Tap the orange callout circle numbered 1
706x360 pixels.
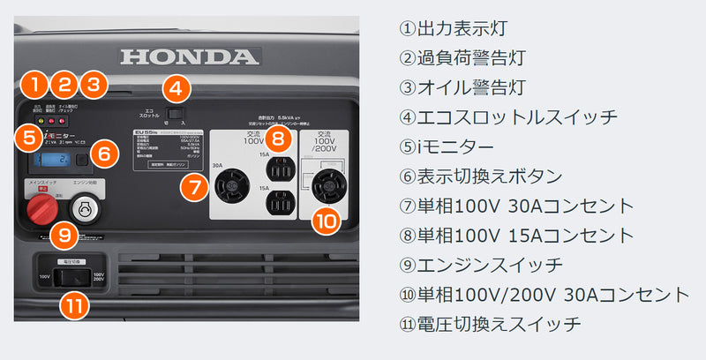click(x=34, y=86)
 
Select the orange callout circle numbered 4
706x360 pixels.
click(x=176, y=88)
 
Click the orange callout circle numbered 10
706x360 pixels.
click(x=327, y=220)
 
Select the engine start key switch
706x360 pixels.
click(x=86, y=208)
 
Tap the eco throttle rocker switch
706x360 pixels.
click(x=176, y=112)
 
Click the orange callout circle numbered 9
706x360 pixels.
click(x=62, y=236)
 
